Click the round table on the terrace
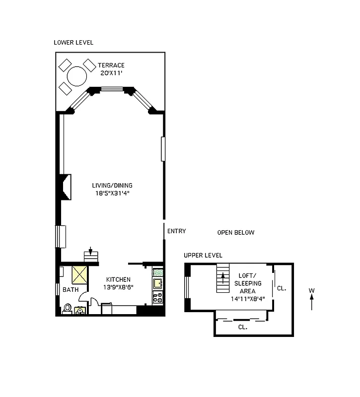(x=77, y=76)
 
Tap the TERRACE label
(x=111, y=66)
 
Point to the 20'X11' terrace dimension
(x=110, y=73)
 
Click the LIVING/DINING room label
(x=115, y=186)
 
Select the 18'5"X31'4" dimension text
(x=115, y=193)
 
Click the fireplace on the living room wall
(x=66, y=187)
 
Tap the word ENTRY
(x=177, y=231)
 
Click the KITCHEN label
(x=118, y=280)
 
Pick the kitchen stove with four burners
(x=157, y=298)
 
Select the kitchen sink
(x=157, y=284)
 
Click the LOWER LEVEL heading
(x=73, y=43)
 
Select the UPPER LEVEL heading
(x=203, y=256)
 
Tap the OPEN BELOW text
(x=236, y=232)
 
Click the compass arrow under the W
(x=312, y=302)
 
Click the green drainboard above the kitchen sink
(x=157, y=272)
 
